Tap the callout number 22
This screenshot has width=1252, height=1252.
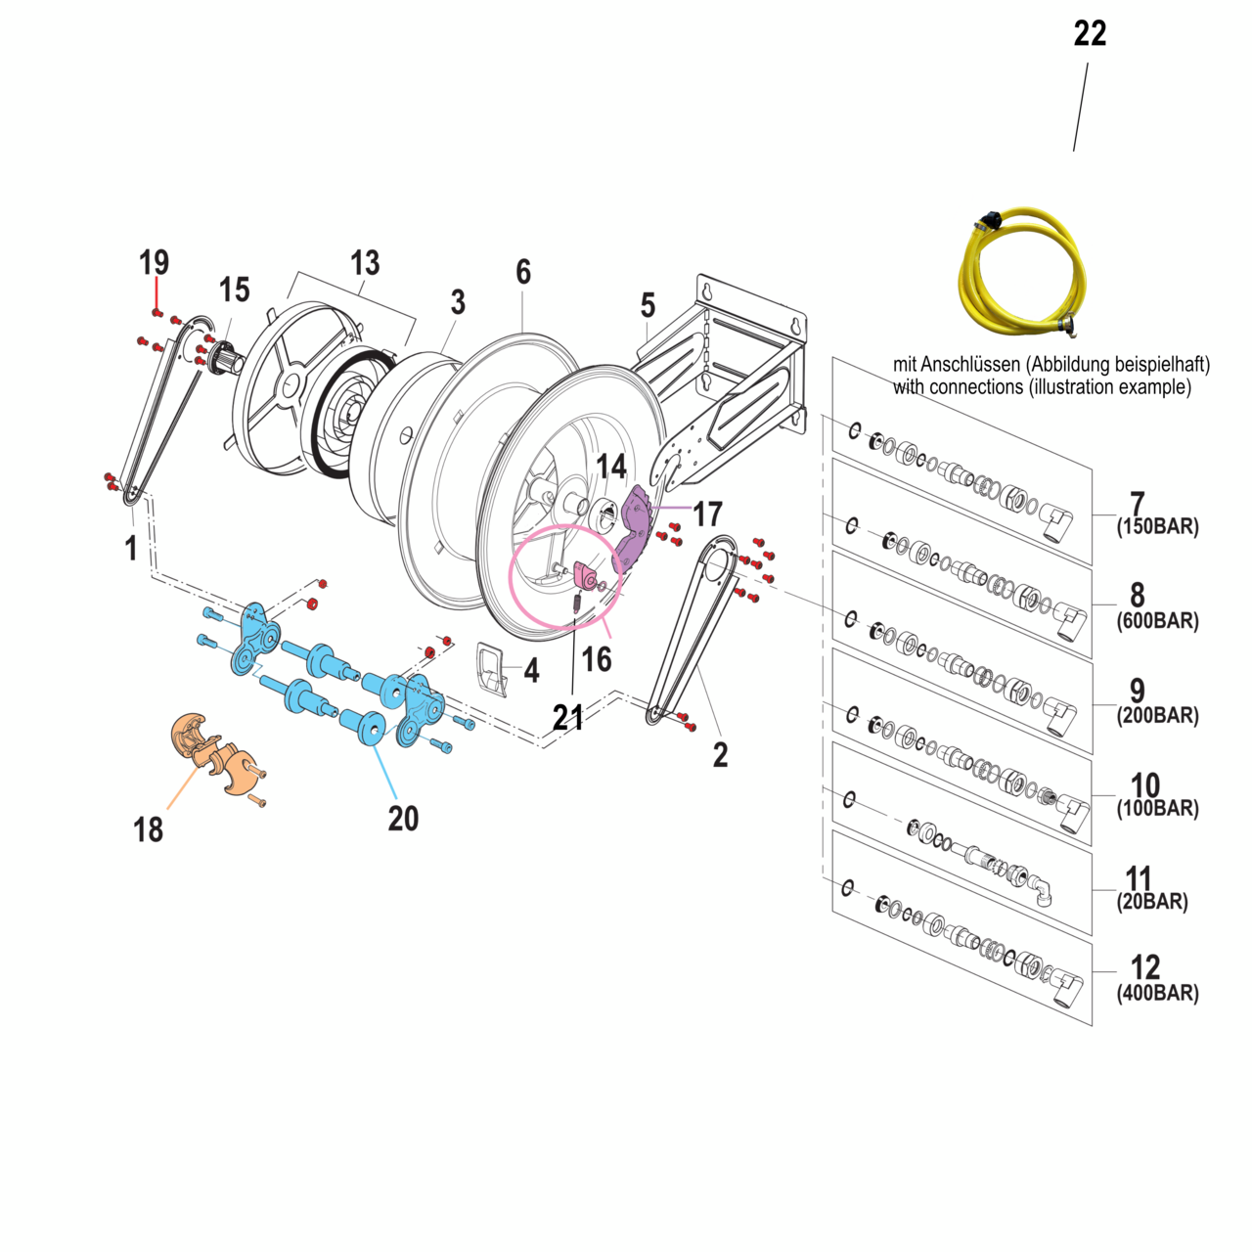point(1090,34)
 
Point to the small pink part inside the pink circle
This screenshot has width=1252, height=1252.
point(585,577)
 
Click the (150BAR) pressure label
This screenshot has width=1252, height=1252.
point(1157,527)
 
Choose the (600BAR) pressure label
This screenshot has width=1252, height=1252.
point(1157,621)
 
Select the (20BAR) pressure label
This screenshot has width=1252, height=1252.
point(1152,902)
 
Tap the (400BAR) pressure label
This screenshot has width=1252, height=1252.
point(1157,994)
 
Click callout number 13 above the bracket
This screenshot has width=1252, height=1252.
point(365,263)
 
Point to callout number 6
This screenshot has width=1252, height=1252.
point(523,272)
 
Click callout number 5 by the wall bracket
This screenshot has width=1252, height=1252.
point(648,306)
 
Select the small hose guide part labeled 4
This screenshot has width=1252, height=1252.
point(491,669)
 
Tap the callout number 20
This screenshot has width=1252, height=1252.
point(403,818)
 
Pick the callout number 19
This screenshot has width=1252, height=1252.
point(154,262)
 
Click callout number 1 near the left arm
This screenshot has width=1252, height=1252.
point(131,548)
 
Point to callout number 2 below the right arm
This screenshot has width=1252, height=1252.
point(720,755)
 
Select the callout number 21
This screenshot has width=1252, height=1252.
point(567,718)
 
